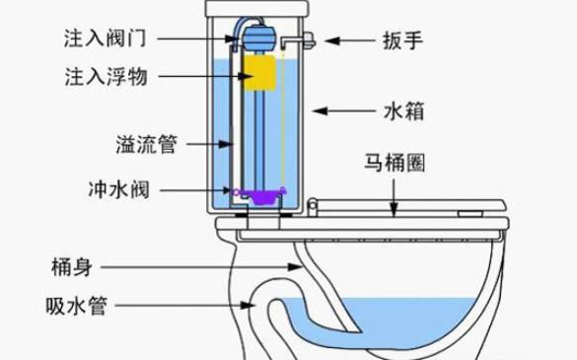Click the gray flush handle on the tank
pos(307,40)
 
